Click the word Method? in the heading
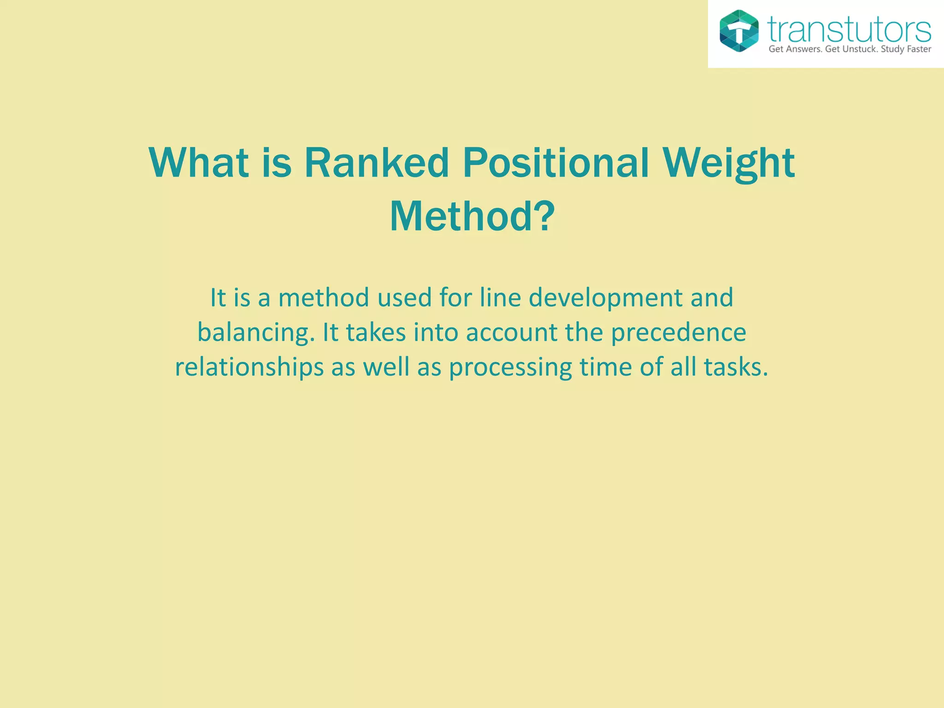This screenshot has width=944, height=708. [x=472, y=217]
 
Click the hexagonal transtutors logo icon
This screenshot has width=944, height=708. [x=739, y=31]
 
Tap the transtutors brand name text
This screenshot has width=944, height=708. [x=849, y=30]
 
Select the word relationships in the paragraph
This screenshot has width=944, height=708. [x=249, y=368]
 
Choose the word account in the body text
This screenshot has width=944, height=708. [x=512, y=333]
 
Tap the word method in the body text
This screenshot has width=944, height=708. [x=324, y=298]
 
